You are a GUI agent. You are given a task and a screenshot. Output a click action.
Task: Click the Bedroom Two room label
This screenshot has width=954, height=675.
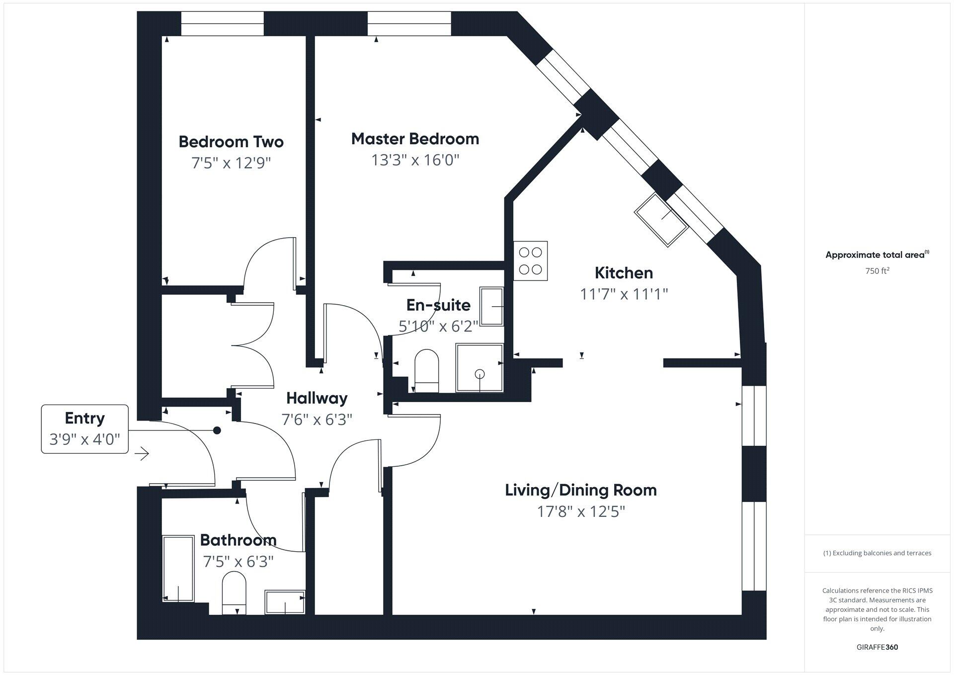pos(231,142)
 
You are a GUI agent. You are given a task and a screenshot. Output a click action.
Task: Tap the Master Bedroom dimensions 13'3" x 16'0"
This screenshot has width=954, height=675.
pos(415,160)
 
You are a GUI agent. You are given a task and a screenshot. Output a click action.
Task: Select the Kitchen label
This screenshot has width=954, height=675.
pos(624,273)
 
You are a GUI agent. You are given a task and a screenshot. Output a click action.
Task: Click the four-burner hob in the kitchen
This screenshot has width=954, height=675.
pos(531,261)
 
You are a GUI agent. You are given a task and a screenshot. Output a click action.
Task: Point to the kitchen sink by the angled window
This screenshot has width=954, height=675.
pos(661,220)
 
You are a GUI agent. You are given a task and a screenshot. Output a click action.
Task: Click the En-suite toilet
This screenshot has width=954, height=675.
pos(427,371)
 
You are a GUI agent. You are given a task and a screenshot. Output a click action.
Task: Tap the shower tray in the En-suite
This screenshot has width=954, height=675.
pos(479,368)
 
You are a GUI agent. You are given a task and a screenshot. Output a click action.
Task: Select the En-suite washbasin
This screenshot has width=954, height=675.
pos(491,306)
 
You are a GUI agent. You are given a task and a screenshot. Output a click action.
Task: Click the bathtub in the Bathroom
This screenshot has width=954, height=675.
pos(178,568)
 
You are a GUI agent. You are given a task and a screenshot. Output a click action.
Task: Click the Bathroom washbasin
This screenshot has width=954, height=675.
pos(285,602)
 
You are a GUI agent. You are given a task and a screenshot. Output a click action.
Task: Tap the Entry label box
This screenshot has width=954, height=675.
pos(85,429)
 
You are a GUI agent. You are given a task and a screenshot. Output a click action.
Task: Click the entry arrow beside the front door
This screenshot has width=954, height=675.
pos(142,453)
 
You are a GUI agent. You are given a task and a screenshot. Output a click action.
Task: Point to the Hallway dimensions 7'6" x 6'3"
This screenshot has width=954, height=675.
pos(317,420)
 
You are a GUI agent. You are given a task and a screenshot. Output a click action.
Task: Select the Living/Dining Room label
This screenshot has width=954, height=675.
pos(581,490)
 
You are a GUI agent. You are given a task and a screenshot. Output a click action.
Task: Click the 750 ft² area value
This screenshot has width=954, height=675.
pos(877,271)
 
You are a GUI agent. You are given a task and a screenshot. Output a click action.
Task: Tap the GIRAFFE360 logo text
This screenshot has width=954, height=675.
pos(877,647)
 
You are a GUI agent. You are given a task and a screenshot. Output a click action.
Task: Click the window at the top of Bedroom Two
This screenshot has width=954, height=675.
pos(222,24)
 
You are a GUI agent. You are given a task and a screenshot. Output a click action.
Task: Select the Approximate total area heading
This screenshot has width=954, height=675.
pos(877,254)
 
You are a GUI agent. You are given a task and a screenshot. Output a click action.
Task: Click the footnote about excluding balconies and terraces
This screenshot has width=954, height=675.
pos(877,553)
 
